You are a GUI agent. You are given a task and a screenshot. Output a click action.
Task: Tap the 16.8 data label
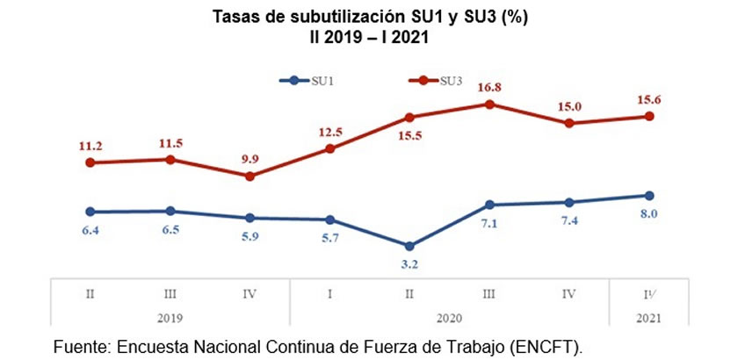point(489,88)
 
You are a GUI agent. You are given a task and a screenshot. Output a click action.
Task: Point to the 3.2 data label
point(409,262)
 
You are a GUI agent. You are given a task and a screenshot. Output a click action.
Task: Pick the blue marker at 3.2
point(409,246)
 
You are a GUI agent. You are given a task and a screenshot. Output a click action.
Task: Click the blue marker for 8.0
point(649,195)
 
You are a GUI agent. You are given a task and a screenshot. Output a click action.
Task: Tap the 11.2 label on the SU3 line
point(90,145)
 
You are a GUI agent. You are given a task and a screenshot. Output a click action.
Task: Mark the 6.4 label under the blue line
point(90,229)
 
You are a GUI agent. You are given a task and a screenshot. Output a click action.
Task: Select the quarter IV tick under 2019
point(250,293)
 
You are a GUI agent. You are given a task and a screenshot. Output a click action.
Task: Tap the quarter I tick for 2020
point(329,293)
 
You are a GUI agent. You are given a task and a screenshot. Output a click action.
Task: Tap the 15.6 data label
point(648,100)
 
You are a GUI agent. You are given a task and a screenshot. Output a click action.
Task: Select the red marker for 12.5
point(329,148)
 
